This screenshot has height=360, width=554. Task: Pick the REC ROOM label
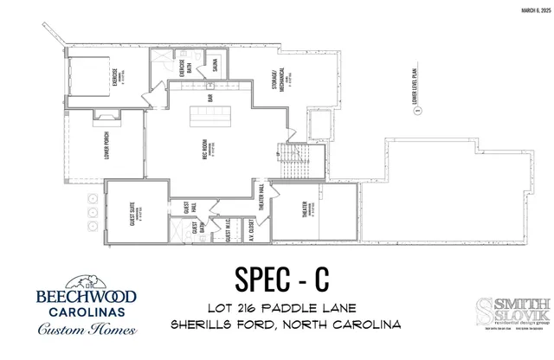coord(209,145)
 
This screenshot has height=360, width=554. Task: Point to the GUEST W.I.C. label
coord(227,227)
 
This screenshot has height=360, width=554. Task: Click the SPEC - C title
coord(282,279)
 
